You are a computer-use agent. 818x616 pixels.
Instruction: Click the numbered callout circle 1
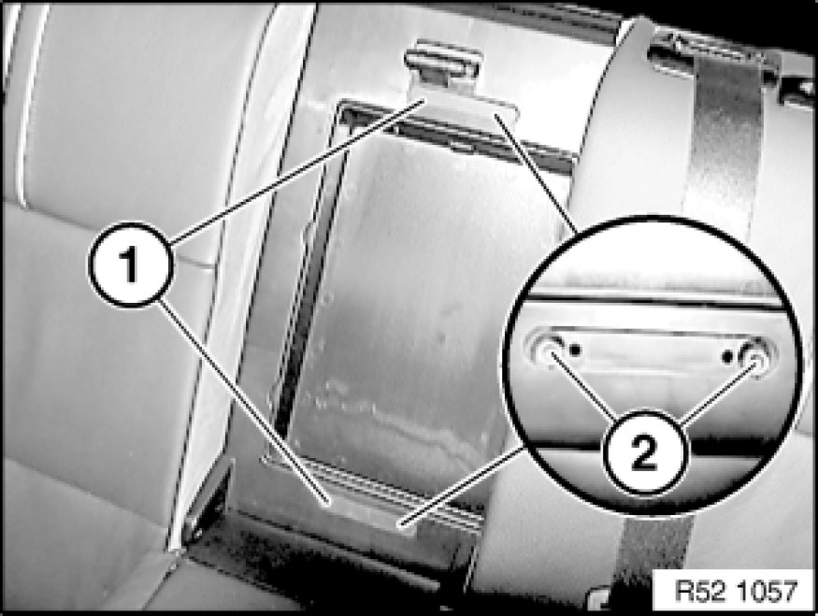130,264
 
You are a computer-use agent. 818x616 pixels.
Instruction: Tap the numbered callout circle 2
645,452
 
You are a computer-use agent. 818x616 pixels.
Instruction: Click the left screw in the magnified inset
547,351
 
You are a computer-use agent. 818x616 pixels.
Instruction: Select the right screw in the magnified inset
754,357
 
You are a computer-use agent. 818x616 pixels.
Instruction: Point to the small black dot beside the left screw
575,350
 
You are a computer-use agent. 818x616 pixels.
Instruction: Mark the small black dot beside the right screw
727,357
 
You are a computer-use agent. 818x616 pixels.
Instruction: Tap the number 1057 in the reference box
768,592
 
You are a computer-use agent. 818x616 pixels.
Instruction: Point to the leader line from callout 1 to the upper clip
297,171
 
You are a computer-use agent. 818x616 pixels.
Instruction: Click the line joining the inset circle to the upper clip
536,173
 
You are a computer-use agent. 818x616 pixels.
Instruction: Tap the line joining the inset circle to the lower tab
461,485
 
